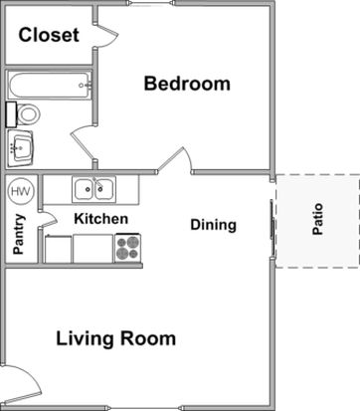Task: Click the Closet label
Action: (x=49, y=35)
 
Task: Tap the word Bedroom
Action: (x=187, y=84)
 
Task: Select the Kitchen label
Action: (x=101, y=219)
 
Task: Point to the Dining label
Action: (x=214, y=225)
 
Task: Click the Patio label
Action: (x=317, y=219)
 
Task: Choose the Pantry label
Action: (x=19, y=234)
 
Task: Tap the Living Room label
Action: (x=115, y=338)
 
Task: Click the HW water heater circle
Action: (x=21, y=191)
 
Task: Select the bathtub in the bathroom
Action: (x=50, y=85)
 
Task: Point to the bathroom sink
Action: (x=21, y=148)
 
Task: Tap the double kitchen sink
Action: (x=94, y=189)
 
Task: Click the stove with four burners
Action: (x=127, y=248)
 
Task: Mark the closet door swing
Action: (x=106, y=36)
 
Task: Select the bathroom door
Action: (x=83, y=146)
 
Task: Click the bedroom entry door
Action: (x=174, y=160)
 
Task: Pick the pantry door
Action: (x=48, y=219)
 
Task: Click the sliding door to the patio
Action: (x=272, y=229)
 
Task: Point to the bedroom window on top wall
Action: (x=151, y=4)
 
